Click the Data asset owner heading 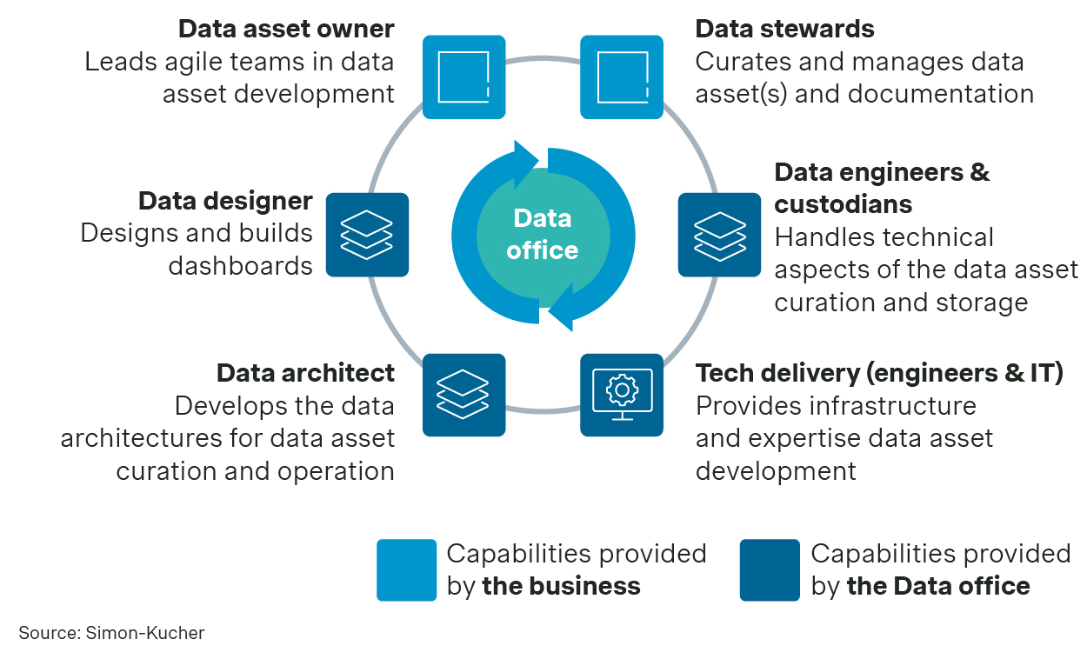pyautogui.click(x=286, y=29)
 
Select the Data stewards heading pyautogui.click(x=784, y=29)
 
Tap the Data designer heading pyautogui.click(x=225, y=201)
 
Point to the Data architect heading pyautogui.click(x=305, y=373)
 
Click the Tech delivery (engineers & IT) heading pyautogui.click(x=879, y=373)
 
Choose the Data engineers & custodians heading pyautogui.click(x=881, y=188)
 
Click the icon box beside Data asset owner pyautogui.click(x=463, y=77)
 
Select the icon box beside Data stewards pyautogui.click(x=622, y=77)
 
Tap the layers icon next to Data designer pyautogui.click(x=367, y=235)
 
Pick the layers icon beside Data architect pyautogui.click(x=463, y=395)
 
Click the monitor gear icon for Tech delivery pyautogui.click(x=622, y=395)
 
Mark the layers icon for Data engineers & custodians pyautogui.click(x=719, y=235)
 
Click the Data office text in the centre pyautogui.click(x=542, y=234)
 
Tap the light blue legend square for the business pyautogui.click(x=406, y=569)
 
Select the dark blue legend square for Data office pyautogui.click(x=770, y=569)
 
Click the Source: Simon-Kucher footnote pyautogui.click(x=111, y=633)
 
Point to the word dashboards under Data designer pyautogui.click(x=240, y=265)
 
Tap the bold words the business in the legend pyautogui.click(x=561, y=586)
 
